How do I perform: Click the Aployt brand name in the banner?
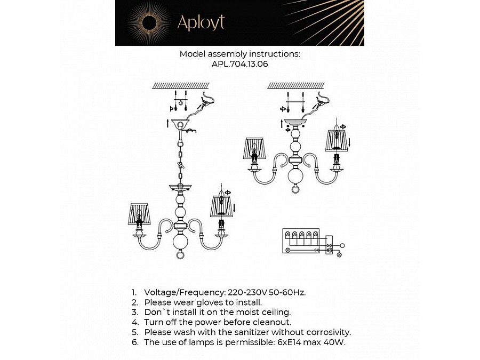point(201,22)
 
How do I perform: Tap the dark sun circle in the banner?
point(149,23)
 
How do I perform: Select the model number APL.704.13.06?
point(239,64)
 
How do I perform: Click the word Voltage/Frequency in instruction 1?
point(185,293)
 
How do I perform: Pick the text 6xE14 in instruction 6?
point(287,342)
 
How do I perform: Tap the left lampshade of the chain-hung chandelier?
point(139,214)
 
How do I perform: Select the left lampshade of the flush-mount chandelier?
point(254,148)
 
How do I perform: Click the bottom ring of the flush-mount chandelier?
point(295,189)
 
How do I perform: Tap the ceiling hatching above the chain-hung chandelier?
point(181,85)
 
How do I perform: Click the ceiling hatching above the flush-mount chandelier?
point(296,85)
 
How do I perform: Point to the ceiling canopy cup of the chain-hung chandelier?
point(180,123)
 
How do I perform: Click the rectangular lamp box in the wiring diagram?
point(301,241)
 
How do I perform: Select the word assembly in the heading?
point(227,54)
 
